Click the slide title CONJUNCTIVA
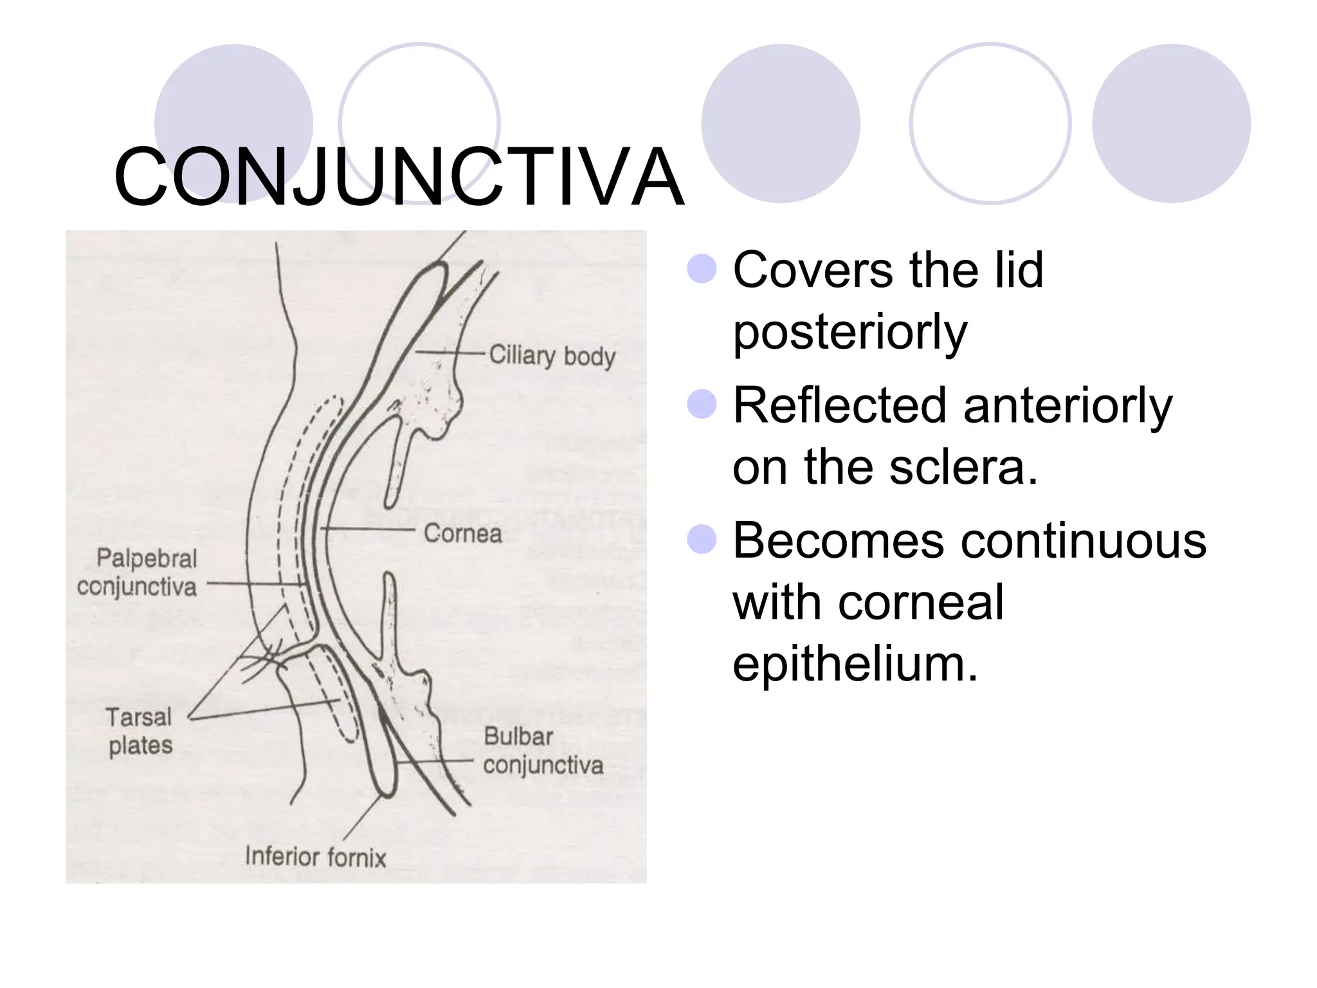399,177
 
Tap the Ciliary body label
552,356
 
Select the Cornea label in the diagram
462,533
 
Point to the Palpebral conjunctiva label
137,572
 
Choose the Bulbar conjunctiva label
543,751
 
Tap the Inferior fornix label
315,857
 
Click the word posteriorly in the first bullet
849,333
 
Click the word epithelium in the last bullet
855,664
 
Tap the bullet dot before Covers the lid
702,269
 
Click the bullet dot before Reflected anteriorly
702,405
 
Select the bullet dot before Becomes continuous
702,539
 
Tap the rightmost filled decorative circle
1171,123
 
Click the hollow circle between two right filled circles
990,123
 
